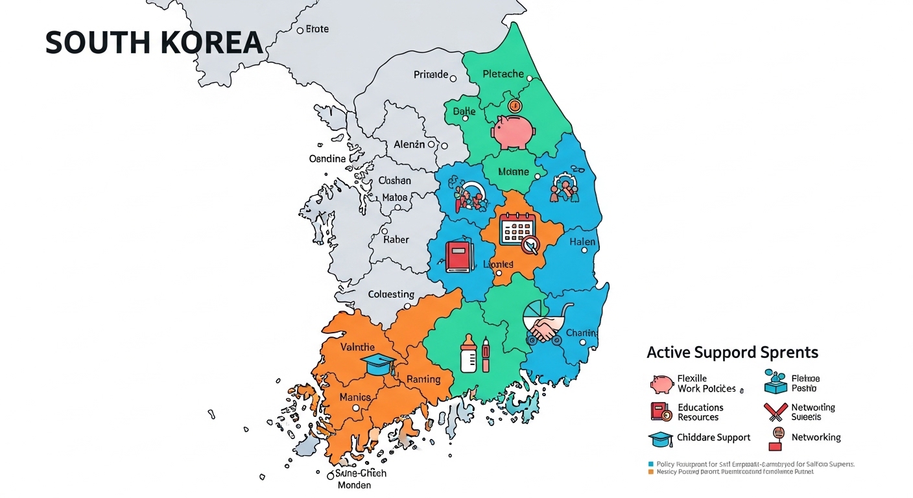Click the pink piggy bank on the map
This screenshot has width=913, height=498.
click(x=513, y=132)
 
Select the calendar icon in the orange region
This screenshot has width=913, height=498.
click(x=517, y=229)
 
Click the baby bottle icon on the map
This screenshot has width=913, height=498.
click(x=469, y=354)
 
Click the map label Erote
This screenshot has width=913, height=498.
click(x=317, y=29)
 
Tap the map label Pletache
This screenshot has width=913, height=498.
click(x=503, y=74)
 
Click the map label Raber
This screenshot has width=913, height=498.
click(x=396, y=239)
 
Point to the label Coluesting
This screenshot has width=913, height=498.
click(x=391, y=294)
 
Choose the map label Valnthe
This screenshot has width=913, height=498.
click(x=357, y=348)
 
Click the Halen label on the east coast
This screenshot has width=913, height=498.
click(x=582, y=242)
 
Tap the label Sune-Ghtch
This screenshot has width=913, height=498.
click(x=361, y=473)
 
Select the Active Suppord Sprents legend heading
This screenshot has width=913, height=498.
click(x=732, y=353)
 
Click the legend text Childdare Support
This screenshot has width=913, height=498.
click(x=713, y=438)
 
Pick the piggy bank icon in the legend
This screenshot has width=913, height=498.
click(x=661, y=384)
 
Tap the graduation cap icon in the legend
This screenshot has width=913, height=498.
click(x=661, y=439)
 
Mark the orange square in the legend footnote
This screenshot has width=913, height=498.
click(x=651, y=472)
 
